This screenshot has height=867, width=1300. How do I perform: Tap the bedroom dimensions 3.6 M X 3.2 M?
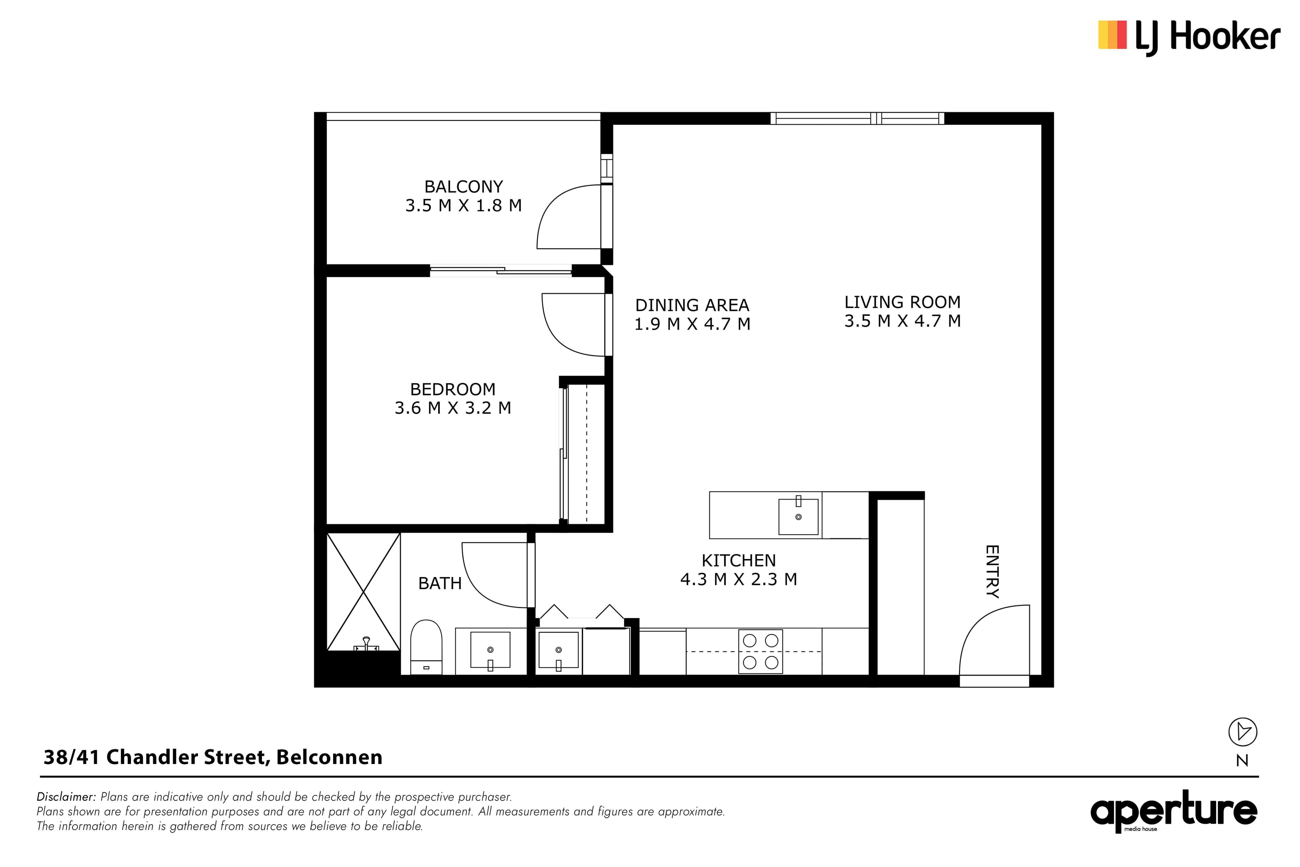pyautogui.click(x=453, y=408)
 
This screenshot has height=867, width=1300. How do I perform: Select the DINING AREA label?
pyautogui.click(x=692, y=305)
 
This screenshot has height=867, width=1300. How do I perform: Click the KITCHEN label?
pyautogui.click(x=738, y=561)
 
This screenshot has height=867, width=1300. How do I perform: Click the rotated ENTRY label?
pyautogui.click(x=992, y=572)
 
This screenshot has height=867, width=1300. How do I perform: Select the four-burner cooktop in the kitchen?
pyautogui.click(x=761, y=651)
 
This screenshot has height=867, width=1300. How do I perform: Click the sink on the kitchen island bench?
pyautogui.click(x=798, y=516)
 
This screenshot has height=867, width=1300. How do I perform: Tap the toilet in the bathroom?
pyautogui.click(x=426, y=647)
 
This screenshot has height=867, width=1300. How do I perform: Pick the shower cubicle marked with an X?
pyautogui.click(x=363, y=592)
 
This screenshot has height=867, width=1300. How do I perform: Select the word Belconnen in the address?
pyautogui.click(x=329, y=757)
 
